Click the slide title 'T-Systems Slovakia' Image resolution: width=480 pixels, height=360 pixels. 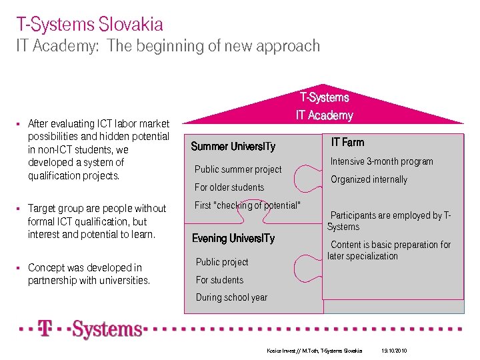[90, 25]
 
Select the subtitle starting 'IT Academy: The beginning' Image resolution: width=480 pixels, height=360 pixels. [168, 47]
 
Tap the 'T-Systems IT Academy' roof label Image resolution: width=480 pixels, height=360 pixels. [324, 107]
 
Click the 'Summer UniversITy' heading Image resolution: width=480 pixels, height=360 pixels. [233, 147]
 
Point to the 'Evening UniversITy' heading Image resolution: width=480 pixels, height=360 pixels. [233, 239]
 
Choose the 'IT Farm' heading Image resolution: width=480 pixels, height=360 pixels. [347, 142]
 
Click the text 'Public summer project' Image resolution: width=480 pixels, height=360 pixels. [238, 169]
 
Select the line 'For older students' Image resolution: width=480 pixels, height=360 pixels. [229, 187]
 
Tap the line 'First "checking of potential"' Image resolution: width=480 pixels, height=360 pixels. [247, 205]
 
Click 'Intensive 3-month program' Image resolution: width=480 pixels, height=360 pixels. [382, 161]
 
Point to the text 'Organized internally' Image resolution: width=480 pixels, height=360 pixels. [369, 179]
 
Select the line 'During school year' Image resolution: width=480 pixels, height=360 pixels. [231, 297]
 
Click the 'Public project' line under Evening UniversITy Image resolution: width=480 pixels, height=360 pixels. [222, 262]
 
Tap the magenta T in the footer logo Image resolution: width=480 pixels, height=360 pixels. [45, 329]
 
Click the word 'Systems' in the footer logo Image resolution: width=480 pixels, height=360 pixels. [107, 329]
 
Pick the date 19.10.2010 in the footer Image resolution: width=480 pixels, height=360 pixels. [394, 351]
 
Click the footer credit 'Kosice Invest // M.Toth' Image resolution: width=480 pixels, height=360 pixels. [287, 351]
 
